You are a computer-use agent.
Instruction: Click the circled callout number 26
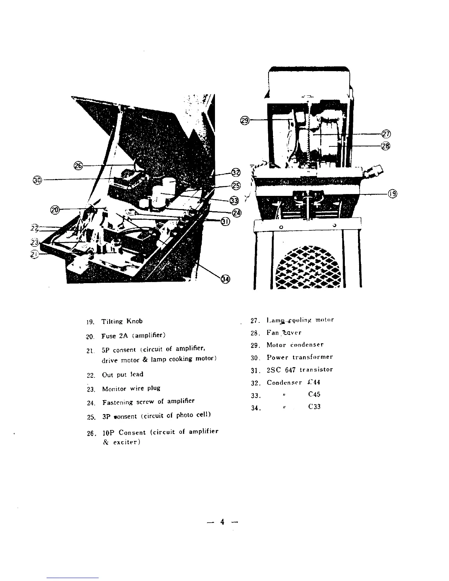tap(78, 166)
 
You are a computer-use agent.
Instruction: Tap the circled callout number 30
tap(37, 180)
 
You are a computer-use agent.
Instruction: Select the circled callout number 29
tap(245, 120)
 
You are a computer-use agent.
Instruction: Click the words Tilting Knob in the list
tap(122, 321)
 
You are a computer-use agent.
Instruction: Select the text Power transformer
tap(299, 357)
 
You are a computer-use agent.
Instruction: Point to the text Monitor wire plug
tap(131, 388)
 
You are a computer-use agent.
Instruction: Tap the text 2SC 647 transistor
tap(299, 370)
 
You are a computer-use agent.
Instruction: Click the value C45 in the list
tap(314, 395)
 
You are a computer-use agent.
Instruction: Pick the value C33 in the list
tap(314, 407)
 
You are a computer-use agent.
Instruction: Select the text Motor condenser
tap(295, 345)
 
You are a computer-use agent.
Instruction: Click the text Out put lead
tap(123, 374)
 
